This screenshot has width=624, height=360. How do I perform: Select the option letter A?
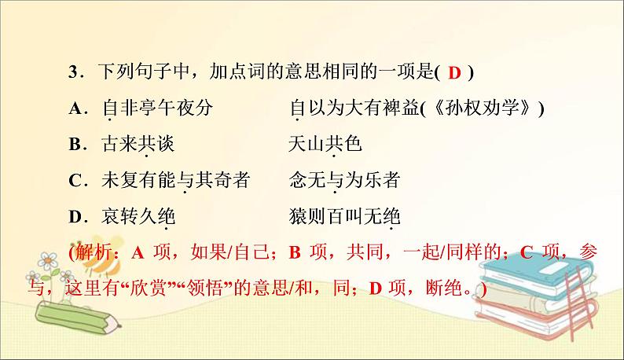(75, 109)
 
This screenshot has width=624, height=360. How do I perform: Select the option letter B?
(75, 145)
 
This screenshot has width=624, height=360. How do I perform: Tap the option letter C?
(75, 180)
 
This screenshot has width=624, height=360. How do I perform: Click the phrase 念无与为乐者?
(344, 180)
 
